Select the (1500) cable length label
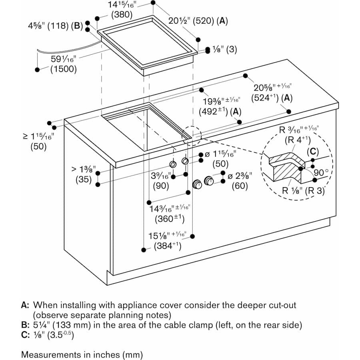tap(63, 69)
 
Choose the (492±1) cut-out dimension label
tap(215, 112)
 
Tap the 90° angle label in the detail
tap(321, 173)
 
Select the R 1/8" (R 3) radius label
tap(302, 190)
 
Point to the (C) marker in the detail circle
tap(312, 152)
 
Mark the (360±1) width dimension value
tap(169, 219)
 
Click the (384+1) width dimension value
tap(168, 246)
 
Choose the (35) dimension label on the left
tap(84, 180)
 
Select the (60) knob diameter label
tap(240, 186)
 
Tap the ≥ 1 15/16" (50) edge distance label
tap(38, 146)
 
